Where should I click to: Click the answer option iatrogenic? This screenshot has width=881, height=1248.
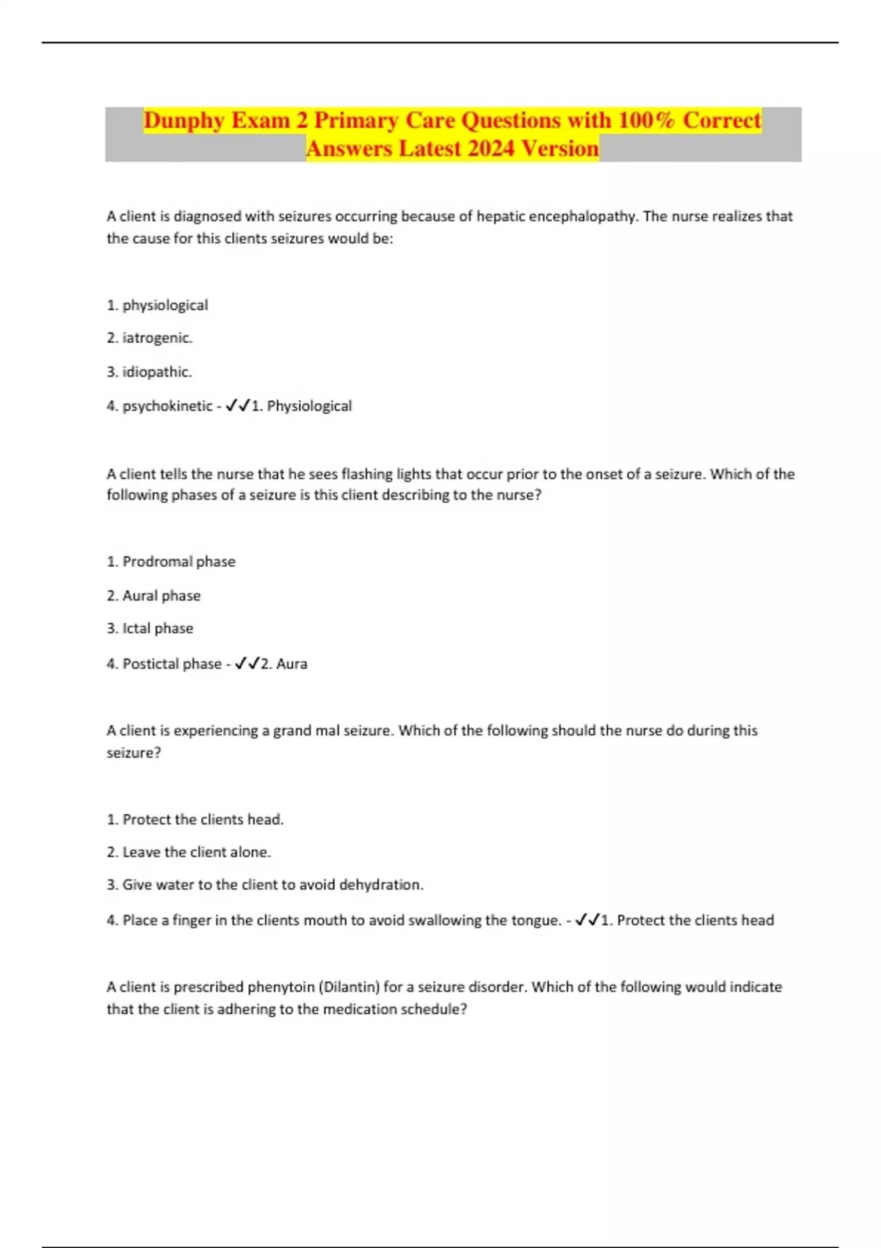pyautogui.click(x=157, y=338)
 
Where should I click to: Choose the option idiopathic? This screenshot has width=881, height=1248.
pyautogui.click(x=157, y=372)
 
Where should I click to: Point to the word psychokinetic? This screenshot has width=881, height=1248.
pyautogui.click(x=167, y=406)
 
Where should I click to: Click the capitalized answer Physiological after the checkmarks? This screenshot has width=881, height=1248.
pyautogui.click(x=309, y=406)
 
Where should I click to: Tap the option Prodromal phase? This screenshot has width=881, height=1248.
pyautogui.click(x=178, y=562)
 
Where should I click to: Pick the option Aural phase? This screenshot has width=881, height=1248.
pyautogui.click(x=161, y=595)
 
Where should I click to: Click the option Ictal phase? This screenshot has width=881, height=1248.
pyautogui.click(x=157, y=628)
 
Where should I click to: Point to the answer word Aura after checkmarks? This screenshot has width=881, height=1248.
pyautogui.click(x=291, y=664)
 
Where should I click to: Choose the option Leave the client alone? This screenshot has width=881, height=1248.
pyautogui.click(x=196, y=852)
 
